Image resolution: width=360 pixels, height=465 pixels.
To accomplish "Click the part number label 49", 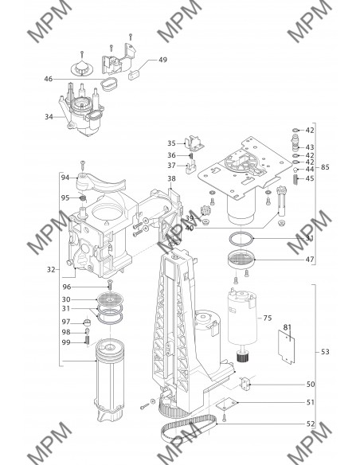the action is coord(162,60).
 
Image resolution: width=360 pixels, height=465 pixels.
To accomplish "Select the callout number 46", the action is coord(49,79).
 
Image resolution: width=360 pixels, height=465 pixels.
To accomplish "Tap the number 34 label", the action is coord(49,117).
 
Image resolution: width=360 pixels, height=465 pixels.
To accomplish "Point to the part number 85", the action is coord(325,167).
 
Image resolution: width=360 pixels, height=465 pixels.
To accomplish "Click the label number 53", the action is coord(325,352).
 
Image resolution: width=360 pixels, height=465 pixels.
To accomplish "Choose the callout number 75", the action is coord(268,318).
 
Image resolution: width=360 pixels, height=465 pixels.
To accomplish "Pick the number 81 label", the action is coord(287,327).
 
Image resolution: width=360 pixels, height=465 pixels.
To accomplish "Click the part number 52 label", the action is coord(311,424).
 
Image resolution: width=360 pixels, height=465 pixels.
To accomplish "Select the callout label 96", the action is coord(67,287).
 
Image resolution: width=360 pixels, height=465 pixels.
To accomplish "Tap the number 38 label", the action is coord(171,178).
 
